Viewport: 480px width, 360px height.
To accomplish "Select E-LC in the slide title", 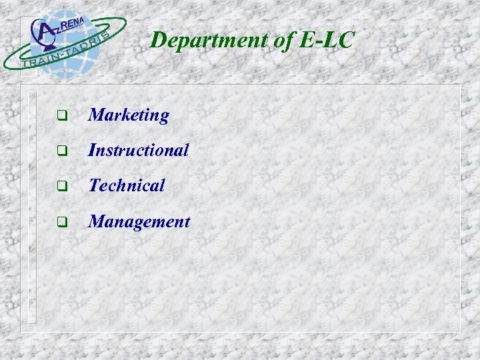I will coord(327,40).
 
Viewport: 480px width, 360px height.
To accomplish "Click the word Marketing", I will coord(129,115).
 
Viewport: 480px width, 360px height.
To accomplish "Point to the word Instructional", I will coord(139,150).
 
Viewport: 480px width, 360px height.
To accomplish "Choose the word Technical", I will coord(127,185).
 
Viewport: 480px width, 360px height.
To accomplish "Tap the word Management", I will coord(139,221).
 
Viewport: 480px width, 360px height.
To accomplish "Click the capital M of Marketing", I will coord(97,115).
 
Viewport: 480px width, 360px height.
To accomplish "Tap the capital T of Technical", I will coord(95,185).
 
